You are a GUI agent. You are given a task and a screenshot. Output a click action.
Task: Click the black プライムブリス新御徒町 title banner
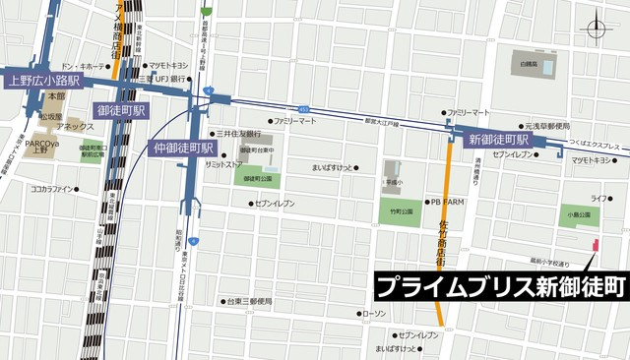coord(501,286)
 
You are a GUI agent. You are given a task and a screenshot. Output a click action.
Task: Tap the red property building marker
coord(593,244)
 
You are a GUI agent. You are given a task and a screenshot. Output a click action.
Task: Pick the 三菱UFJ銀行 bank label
coord(162,79)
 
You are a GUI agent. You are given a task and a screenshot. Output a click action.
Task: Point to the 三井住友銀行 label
coord(239,133)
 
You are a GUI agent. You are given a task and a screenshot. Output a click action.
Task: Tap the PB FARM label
coord(448,202)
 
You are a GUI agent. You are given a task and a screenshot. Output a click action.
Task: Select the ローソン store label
coord(374,313)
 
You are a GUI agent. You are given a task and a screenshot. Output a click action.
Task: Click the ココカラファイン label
coord(52,188)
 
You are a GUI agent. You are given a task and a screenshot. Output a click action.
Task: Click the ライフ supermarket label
coord(598,199)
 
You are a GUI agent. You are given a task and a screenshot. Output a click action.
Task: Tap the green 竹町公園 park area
coord(398,210)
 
